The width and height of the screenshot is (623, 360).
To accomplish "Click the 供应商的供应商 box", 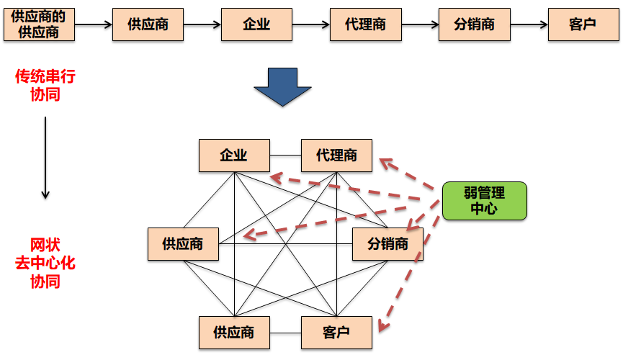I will (39, 24).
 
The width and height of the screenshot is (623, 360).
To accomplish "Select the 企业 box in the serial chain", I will (256, 24).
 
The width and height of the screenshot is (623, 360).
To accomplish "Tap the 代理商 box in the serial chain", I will (365, 24).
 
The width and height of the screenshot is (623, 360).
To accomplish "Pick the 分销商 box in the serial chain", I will (475, 24).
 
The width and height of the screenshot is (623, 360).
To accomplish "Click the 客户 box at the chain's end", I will (583, 24).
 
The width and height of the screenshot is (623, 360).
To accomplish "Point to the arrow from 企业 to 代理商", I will (310, 24).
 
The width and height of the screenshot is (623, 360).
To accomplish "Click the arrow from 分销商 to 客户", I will (529, 24).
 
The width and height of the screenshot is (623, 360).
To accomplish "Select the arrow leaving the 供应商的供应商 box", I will (94, 24).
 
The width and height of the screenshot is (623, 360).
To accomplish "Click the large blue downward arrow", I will (282, 87).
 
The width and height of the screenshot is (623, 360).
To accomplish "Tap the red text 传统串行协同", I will (45, 85).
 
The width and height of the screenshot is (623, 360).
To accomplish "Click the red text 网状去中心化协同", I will (45, 263).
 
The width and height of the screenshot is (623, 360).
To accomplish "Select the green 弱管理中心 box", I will (484, 200).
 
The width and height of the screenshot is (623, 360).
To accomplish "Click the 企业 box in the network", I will (234, 156).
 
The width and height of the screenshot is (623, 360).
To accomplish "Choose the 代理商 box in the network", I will (336, 156).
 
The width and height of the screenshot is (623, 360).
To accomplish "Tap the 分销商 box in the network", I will (387, 244).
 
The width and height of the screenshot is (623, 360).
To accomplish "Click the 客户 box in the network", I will (336, 333).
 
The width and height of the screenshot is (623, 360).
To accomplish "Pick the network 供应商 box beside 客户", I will (234, 333).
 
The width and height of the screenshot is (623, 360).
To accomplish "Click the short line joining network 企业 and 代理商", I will (285, 156).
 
